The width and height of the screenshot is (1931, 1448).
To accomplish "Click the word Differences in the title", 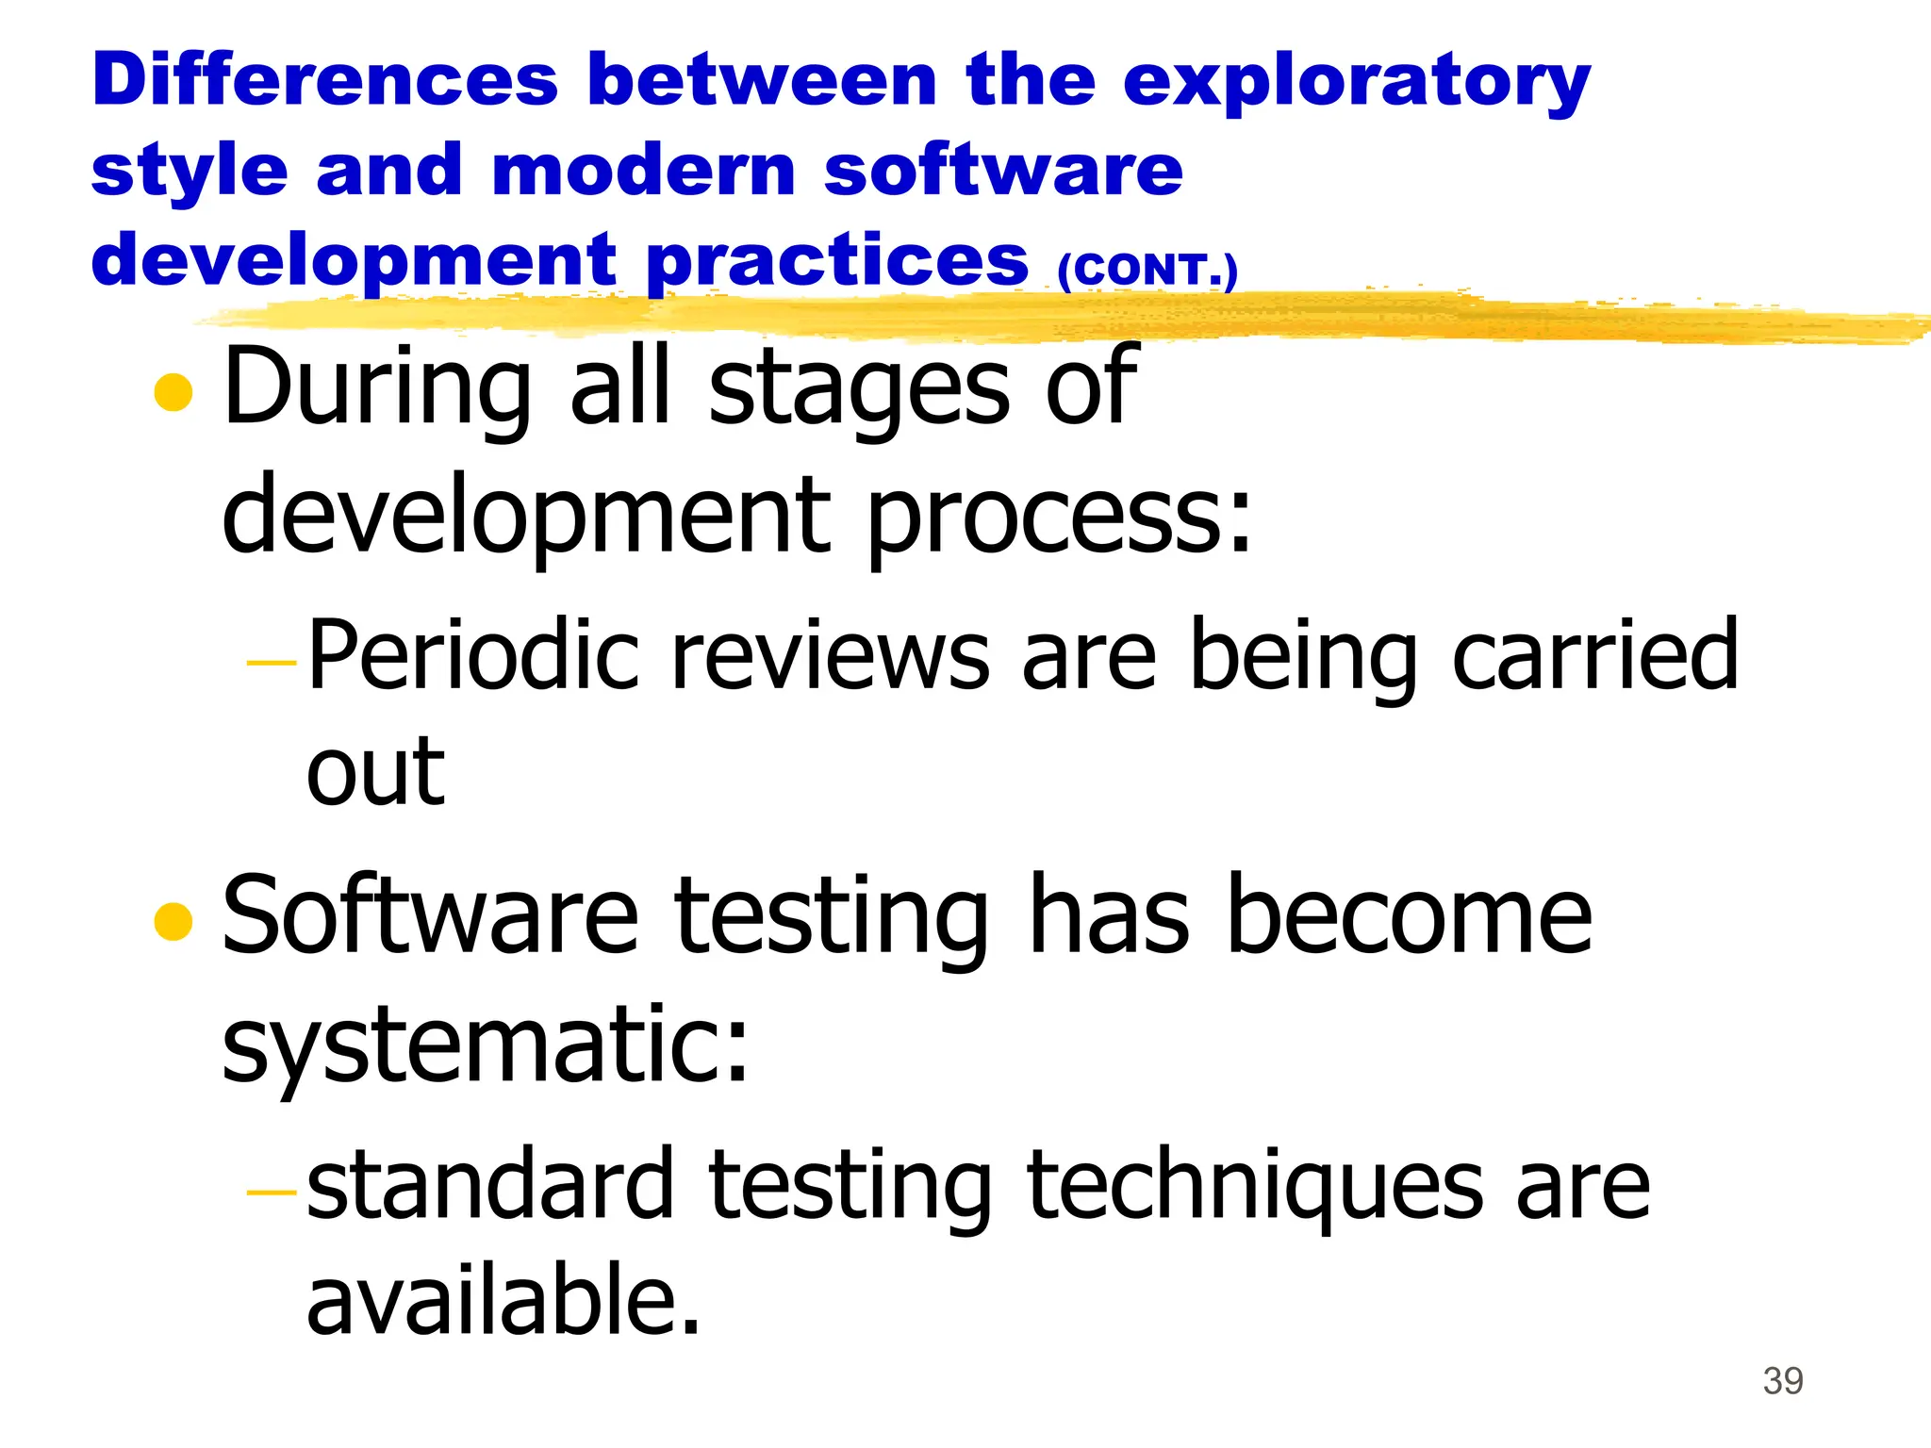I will coord(325,79).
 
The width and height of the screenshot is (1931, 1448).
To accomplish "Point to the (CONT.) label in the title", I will coord(1147,271).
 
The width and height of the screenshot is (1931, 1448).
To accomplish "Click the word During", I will coord(377,387).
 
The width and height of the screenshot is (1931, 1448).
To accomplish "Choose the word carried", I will coord(1595,655).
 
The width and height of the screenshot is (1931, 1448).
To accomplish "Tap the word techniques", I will coord(1255,1186).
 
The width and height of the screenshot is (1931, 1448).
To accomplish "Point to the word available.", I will coord(504,1301).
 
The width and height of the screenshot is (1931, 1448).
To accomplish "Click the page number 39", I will coord(1783,1381).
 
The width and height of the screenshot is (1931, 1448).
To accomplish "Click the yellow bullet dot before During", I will coord(173,393).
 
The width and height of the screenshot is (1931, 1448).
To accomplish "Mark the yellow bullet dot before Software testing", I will coord(173,921).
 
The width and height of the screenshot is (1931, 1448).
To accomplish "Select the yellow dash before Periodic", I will coord(272,664).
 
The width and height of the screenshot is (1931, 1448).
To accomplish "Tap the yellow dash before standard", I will coord(272,1193).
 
